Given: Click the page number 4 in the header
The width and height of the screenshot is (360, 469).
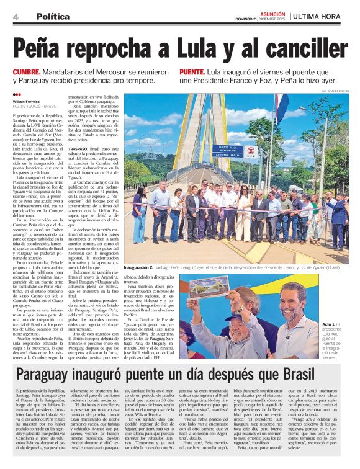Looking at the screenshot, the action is (15, 16).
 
